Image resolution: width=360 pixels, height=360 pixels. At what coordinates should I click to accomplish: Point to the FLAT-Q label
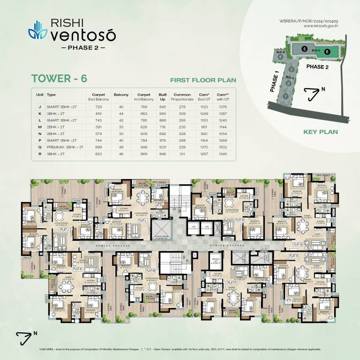point(297,244)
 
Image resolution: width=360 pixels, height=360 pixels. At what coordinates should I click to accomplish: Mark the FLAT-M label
point(150,270)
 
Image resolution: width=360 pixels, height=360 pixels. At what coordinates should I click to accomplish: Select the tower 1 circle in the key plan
point(286,96)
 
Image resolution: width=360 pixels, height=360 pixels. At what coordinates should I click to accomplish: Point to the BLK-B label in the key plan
point(281,49)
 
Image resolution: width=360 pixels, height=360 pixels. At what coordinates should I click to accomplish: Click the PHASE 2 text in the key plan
point(318,67)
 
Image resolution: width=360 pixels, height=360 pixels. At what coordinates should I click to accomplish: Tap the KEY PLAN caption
point(321,132)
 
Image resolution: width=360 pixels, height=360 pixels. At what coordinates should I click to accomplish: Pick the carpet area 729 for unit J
point(95,106)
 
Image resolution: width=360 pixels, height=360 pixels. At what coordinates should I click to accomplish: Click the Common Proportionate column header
point(182,97)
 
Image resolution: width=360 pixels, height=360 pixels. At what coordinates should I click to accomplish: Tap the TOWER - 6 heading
point(59,78)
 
